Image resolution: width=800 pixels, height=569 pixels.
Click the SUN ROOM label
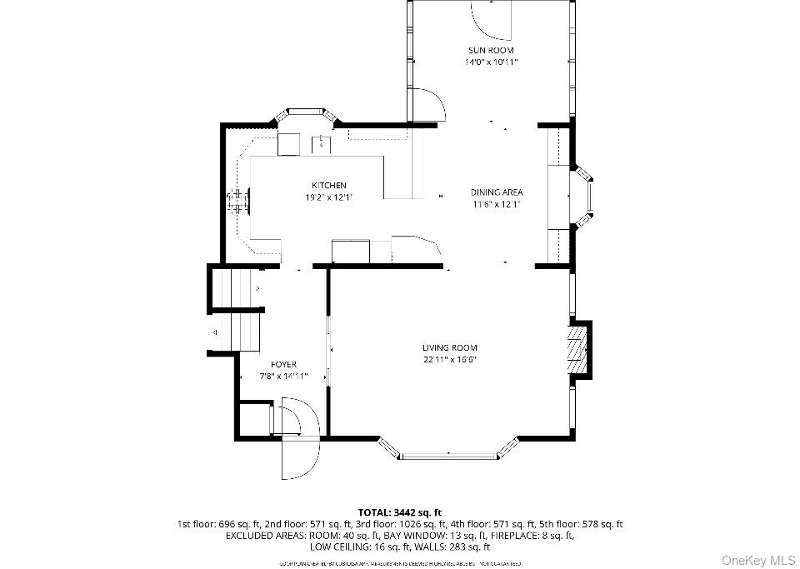[x=491, y=50]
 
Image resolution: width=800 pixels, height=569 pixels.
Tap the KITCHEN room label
[x=329, y=185]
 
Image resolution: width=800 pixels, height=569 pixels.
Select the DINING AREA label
[x=497, y=192]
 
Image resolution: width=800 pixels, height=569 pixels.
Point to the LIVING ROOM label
[x=449, y=347]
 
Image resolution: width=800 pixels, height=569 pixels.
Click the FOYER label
[x=283, y=364]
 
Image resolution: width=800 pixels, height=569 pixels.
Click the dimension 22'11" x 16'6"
[x=449, y=360]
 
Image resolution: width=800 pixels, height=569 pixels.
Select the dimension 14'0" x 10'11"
[x=491, y=62]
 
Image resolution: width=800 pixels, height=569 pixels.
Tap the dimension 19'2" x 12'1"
[x=329, y=197]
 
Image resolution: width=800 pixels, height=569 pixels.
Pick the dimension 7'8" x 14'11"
[x=283, y=376]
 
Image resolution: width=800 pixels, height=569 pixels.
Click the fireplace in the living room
[x=578, y=348]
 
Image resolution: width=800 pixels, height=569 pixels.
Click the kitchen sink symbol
[x=321, y=143]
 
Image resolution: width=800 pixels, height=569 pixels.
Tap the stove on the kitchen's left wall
[x=241, y=200]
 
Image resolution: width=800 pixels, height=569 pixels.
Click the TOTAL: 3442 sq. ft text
[x=399, y=512]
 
